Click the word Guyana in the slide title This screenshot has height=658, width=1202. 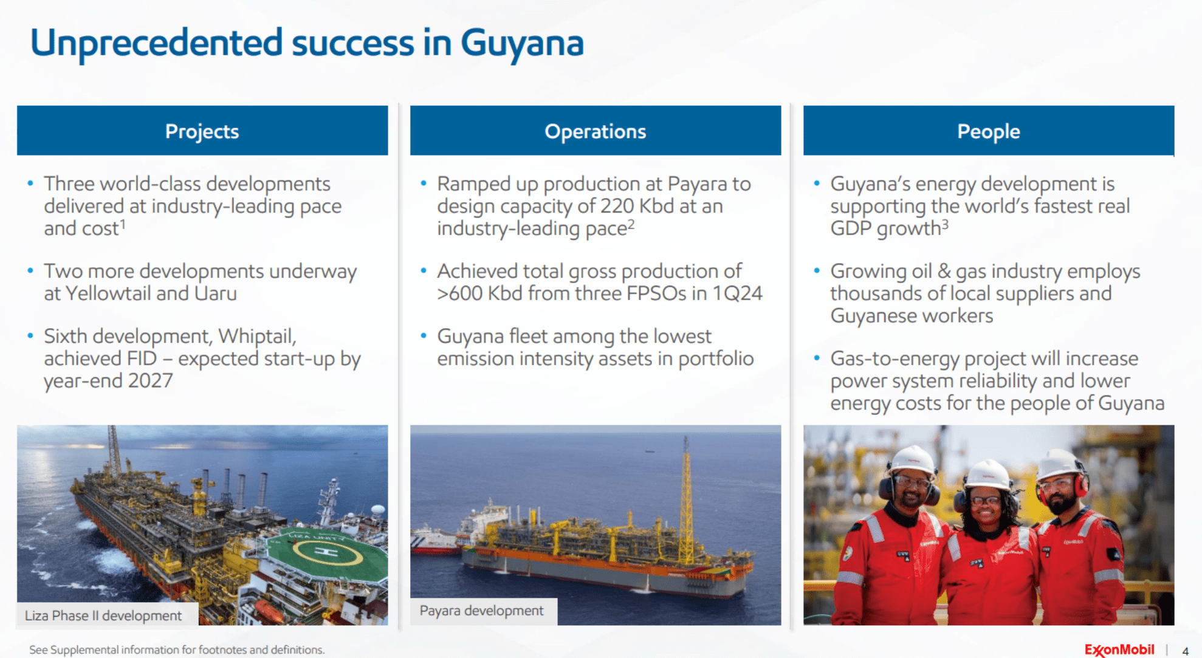point(522,44)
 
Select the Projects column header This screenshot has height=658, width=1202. point(202,131)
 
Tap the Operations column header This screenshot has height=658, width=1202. point(596,131)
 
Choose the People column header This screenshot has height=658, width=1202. point(989,131)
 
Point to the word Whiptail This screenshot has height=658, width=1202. point(257,336)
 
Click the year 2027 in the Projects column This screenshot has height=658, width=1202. point(150,381)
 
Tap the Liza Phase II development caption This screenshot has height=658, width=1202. point(103,615)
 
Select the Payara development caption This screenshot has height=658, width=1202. point(482,611)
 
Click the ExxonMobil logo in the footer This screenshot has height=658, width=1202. point(1119,649)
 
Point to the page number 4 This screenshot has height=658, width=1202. point(1185,651)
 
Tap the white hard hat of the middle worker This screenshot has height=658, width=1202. point(987,475)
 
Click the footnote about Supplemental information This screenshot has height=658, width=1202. point(177,649)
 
